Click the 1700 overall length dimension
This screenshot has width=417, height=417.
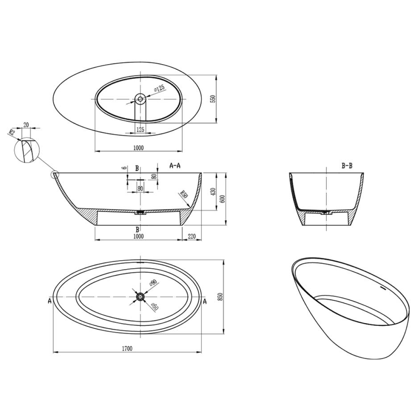(x=127, y=349)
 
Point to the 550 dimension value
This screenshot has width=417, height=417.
(x=212, y=98)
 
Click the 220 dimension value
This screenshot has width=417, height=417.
(x=192, y=236)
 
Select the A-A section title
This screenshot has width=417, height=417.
(x=175, y=166)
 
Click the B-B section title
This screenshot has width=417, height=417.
(x=347, y=166)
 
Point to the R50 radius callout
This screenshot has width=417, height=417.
(x=184, y=194)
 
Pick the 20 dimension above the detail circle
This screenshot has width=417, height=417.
(x=26, y=124)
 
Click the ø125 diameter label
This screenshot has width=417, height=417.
(x=159, y=88)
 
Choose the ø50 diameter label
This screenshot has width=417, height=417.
(x=154, y=307)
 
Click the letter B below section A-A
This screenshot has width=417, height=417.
(x=137, y=229)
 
